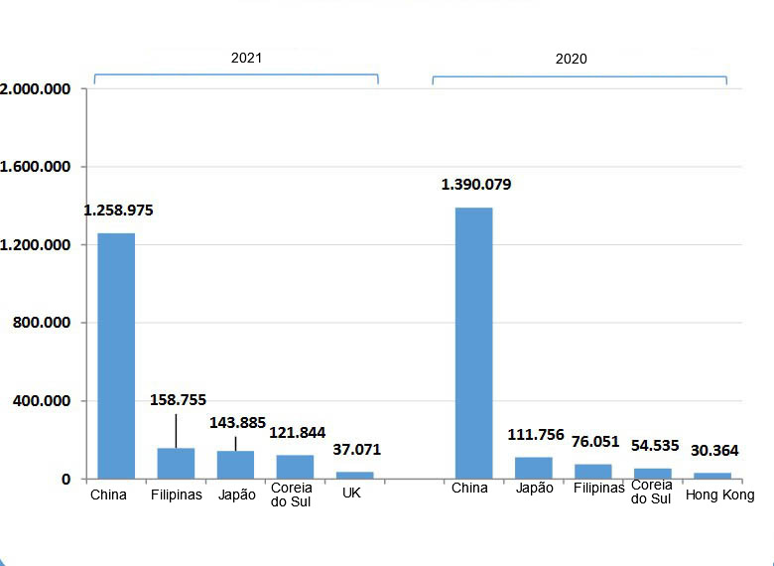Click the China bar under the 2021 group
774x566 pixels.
[x=116, y=355]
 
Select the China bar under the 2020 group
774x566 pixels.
[x=473, y=343]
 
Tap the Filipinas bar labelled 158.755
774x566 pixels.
[x=176, y=464]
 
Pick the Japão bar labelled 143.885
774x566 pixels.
[x=235, y=465]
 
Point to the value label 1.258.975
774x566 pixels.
[x=118, y=211]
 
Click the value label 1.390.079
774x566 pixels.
[x=476, y=185]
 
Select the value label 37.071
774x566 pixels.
[x=356, y=450]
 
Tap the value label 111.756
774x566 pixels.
[x=536, y=434]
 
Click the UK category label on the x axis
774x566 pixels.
[x=351, y=494]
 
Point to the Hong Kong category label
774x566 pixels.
[x=719, y=495]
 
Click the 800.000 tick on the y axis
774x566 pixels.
[x=42, y=323]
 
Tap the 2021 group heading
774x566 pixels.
[x=246, y=58]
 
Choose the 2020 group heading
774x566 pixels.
[x=571, y=59]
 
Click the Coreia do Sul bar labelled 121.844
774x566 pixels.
[x=295, y=467]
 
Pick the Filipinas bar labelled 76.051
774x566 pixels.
[x=592, y=472]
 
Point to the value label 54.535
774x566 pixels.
[x=655, y=445]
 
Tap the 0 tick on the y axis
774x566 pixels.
[x=66, y=480]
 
